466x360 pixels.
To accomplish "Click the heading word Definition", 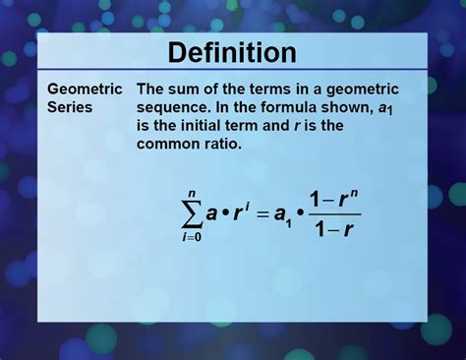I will (x=232, y=51).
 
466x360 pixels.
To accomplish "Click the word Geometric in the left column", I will (x=85, y=89).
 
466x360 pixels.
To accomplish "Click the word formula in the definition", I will (x=285, y=107).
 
